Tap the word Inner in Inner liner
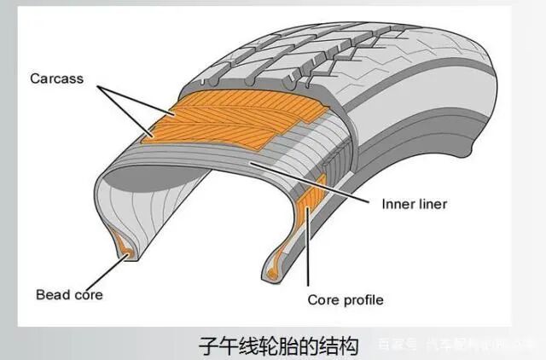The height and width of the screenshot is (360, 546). coord(385,205)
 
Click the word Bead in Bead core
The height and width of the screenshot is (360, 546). coord(53,294)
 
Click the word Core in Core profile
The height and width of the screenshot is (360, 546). coord(324,300)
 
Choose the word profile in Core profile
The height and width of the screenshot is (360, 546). coord(363,300)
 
